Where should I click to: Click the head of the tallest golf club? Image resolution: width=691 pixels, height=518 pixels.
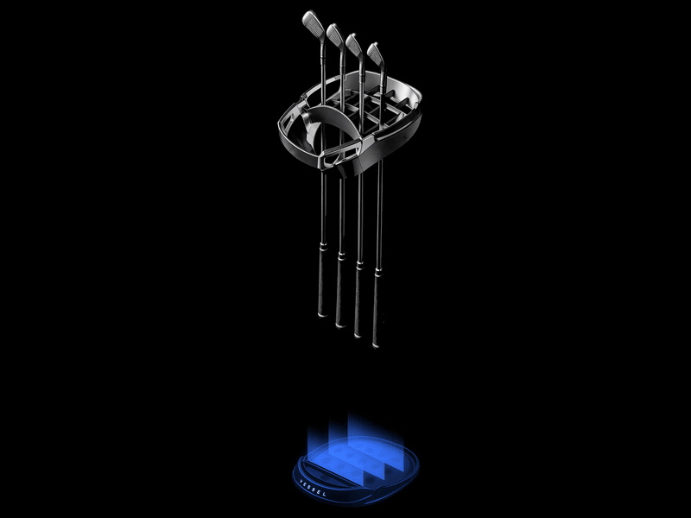[314, 27]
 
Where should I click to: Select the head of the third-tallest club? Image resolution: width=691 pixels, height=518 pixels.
[354, 47]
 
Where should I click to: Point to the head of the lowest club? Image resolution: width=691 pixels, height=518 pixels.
[376, 56]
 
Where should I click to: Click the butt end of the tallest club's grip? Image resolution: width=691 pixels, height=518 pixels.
[322, 313]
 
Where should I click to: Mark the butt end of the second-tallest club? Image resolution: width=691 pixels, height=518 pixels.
[340, 325]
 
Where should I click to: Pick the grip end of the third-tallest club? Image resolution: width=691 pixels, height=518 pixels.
[358, 335]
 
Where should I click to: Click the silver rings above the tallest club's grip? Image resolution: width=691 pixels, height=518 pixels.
[323, 245]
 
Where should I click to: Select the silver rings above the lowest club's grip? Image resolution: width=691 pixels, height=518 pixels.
[377, 274]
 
